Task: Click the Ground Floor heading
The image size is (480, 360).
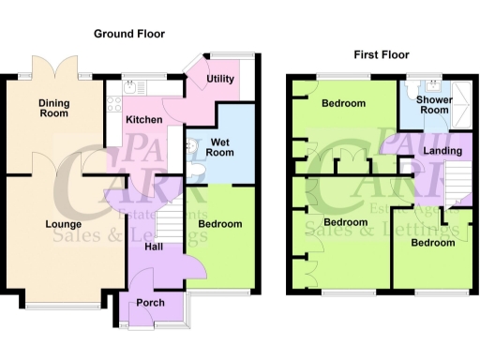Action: click(x=129, y=34)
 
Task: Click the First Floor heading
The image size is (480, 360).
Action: click(x=382, y=55)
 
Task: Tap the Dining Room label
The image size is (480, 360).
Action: click(x=53, y=108)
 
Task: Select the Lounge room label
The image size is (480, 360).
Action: click(x=62, y=225)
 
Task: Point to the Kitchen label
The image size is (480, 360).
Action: click(x=144, y=120)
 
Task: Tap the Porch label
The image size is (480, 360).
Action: click(x=150, y=303)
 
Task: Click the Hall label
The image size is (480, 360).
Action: click(x=155, y=247)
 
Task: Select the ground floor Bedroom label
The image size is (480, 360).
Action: click(x=222, y=224)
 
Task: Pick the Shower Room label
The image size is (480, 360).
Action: click(x=434, y=104)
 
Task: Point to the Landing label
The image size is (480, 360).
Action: click(x=442, y=150)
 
